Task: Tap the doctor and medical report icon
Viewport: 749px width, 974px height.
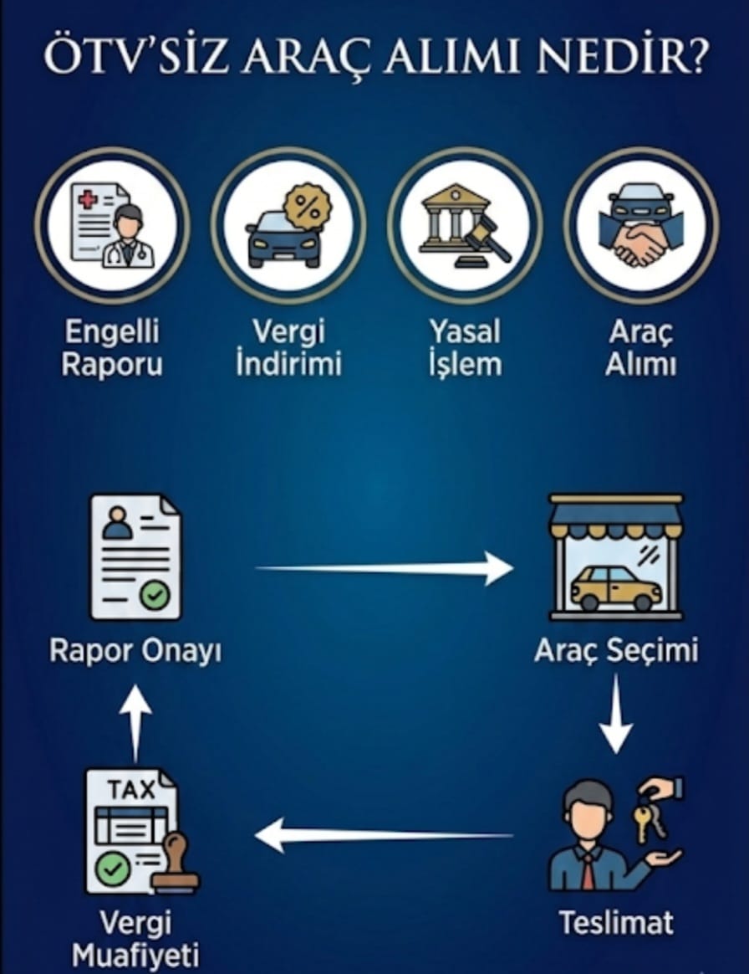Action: [x=112, y=224]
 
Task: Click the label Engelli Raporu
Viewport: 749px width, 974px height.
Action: [x=112, y=348]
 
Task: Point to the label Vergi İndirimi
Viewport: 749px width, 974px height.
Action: [x=288, y=348]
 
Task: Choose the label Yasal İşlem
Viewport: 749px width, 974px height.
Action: [x=465, y=348]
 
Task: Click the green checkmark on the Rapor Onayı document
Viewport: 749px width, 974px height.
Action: [x=154, y=595]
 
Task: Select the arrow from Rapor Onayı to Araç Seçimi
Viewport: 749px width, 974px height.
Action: [x=385, y=569]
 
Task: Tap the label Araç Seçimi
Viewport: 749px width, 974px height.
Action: [x=615, y=650]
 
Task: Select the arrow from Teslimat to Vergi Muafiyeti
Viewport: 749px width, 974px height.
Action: [x=385, y=834]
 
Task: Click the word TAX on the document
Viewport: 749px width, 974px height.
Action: [x=132, y=789]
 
